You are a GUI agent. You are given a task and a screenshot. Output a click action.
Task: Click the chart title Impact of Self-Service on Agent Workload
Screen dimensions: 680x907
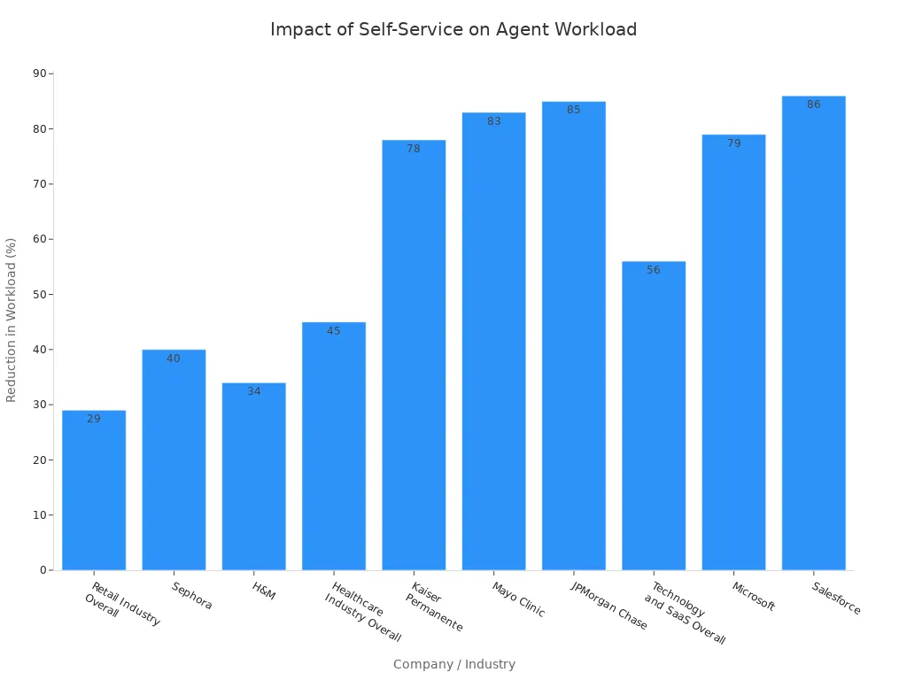[x=453, y=29]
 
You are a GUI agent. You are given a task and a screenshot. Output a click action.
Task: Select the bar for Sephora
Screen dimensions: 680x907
[x=174, y=460]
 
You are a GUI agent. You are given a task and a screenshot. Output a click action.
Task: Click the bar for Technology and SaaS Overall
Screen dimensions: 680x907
[x=654, y=415]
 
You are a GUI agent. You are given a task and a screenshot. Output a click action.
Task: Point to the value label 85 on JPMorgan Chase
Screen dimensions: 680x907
[x=574, y=110]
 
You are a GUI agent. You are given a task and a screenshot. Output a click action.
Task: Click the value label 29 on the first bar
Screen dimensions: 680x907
[x=94, y=419]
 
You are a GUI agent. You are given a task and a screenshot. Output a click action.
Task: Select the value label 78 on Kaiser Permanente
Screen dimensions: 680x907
[x=414, y=149]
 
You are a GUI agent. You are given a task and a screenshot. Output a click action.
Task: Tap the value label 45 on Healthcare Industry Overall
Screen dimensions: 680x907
[x=334, y=331]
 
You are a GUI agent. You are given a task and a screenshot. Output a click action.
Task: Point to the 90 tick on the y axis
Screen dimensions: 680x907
[x=40, y=73]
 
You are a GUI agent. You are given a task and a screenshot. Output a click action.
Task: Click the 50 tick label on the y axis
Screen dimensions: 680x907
[x=40, y=294]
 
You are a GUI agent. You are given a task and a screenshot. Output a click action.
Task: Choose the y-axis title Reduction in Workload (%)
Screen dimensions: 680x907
[x=12, y=320]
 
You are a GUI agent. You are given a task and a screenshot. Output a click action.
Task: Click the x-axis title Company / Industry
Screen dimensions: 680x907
[x=453, y=664]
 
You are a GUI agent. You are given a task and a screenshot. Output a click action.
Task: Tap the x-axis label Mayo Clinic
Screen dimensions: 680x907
[x=519, y=599]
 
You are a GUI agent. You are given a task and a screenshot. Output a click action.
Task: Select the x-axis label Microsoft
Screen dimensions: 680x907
[x=754, y=597]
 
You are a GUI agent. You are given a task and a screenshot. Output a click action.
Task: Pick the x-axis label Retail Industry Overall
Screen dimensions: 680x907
[x=121, y=605]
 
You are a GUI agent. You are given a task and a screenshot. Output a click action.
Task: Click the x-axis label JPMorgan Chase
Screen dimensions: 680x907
[x=609, y=606]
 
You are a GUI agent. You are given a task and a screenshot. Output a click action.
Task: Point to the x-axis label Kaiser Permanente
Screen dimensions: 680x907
[x=434, y=607]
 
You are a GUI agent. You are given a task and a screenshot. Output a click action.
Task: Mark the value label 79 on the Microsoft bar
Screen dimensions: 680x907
[x=733, y=143]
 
